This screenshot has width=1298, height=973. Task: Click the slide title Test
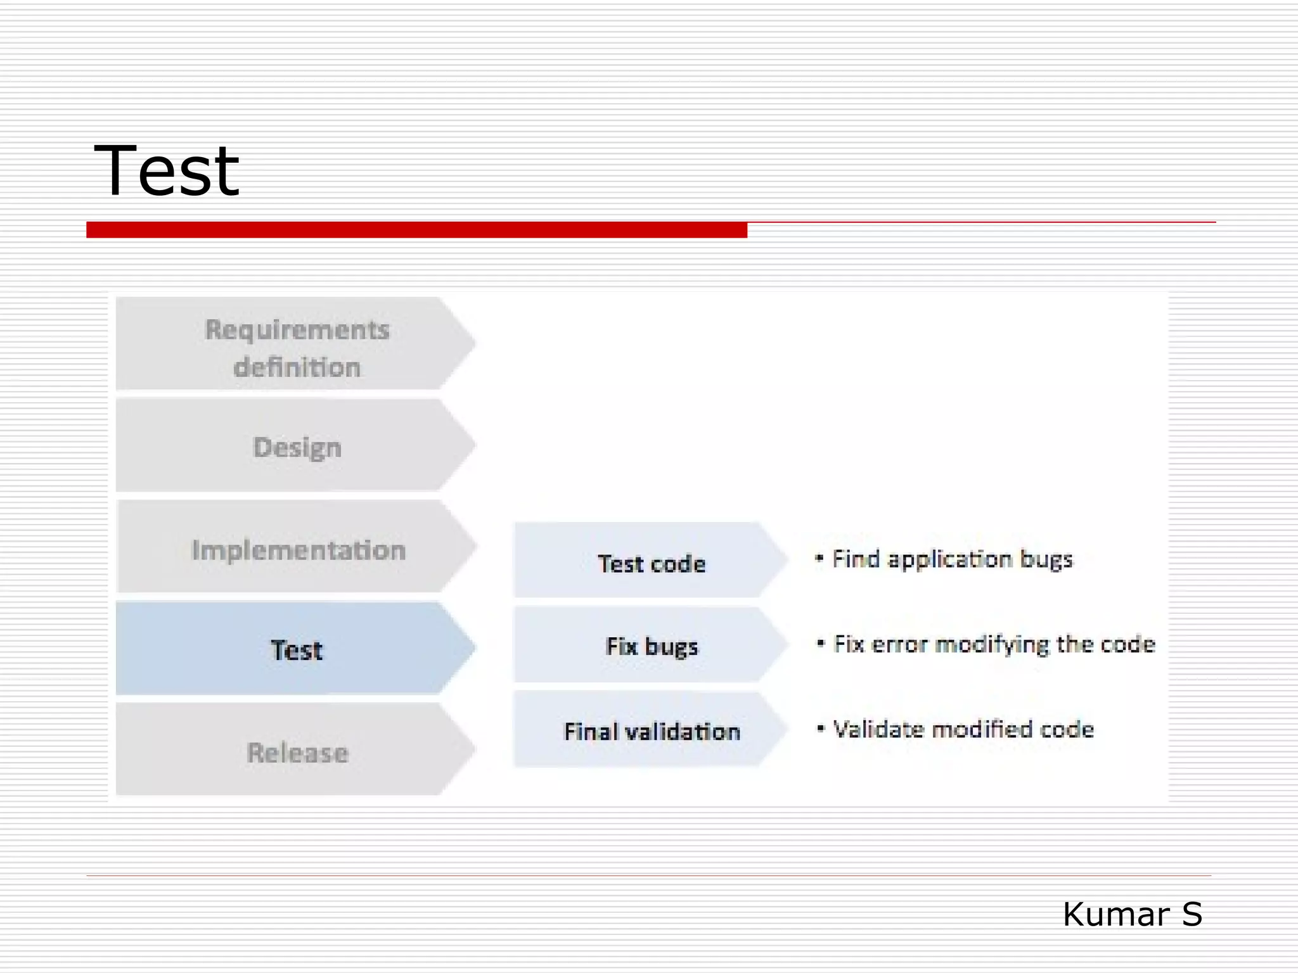(166, 171)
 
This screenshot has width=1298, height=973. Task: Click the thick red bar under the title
(416, 230)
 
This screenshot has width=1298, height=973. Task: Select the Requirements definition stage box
(296, 343)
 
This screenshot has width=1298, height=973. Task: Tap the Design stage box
(296, 446)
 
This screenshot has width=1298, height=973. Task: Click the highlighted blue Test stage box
(296, 649)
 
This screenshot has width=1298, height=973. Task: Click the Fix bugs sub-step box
(650, 645)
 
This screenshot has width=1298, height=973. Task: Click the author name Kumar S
(1132, 914)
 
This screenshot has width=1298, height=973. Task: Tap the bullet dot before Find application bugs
(819, 558)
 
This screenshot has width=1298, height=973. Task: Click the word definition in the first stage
(297, 367)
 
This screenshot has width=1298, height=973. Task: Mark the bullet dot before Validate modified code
(821, 728)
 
